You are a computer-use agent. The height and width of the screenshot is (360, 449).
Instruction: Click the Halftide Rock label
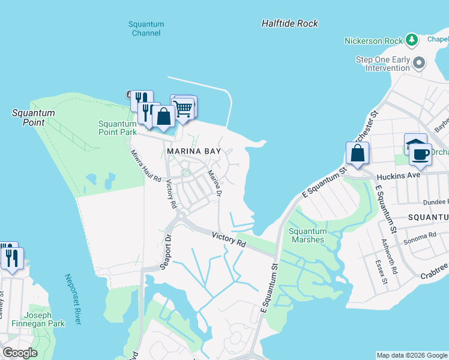pos(289,23)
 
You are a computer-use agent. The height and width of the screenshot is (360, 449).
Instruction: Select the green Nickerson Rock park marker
pos(411,40)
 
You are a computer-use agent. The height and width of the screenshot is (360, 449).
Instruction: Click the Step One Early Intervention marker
pos(420,62)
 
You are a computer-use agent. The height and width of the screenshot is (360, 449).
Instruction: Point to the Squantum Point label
pos(34,118)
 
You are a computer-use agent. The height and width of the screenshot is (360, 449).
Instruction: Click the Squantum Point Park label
pos(118,128)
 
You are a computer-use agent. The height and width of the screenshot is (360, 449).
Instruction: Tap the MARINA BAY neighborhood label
pos(194,152)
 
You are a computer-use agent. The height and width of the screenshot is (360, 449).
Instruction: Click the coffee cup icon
pos(420,154)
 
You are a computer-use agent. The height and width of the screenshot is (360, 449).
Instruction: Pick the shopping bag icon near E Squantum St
pos(358,152)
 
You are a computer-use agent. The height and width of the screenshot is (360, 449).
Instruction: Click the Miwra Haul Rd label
pos(146,166)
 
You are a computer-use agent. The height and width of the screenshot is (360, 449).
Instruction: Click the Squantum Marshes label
pos(307,235)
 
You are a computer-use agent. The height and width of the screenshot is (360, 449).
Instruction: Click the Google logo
pos(20,353)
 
